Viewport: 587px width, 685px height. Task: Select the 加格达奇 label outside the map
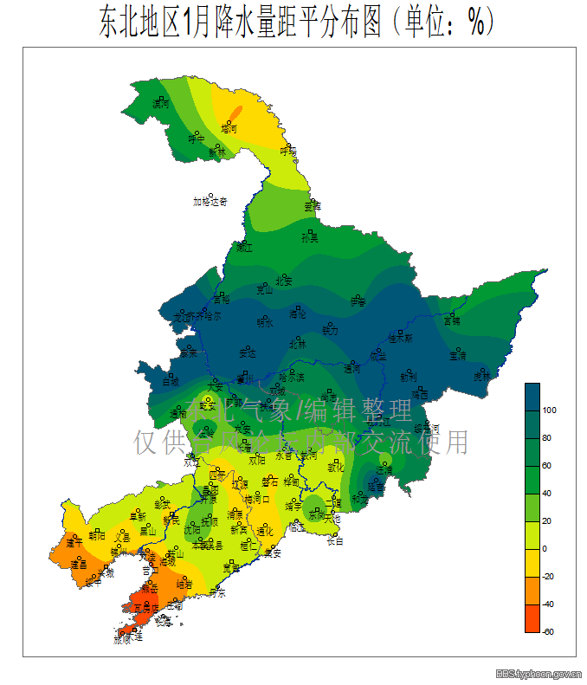(x=210, y=202)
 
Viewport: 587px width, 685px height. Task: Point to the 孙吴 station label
(x=309, y=237)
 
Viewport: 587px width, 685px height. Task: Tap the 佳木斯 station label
(x=400, y=338)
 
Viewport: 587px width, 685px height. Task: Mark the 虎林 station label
(x=481, y=377)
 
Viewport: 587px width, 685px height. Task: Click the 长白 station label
(x=333, y=542)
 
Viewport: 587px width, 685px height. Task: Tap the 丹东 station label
(x=216, y=593)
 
